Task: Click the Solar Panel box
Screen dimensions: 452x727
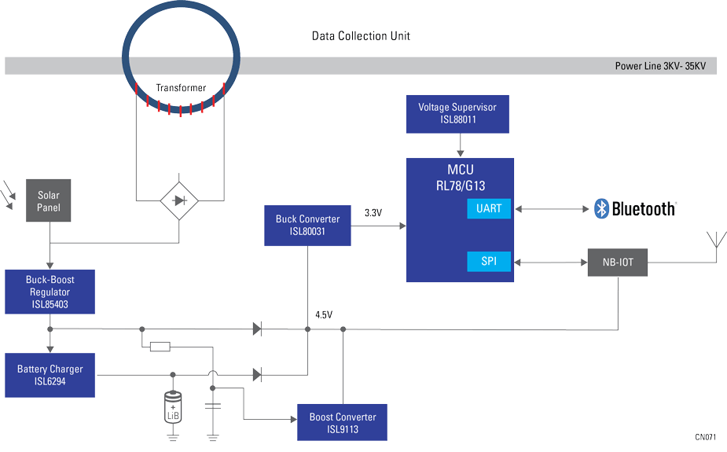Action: tap(49, 200)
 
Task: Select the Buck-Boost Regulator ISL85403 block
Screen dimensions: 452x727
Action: tap(50, 292)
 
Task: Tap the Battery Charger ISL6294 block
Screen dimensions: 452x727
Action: tap(50, 375)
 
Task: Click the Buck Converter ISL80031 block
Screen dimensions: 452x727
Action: tap(307, 226)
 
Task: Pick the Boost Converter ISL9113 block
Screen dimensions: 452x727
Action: tap(343, 423)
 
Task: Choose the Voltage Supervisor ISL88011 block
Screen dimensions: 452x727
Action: tap(457, 113)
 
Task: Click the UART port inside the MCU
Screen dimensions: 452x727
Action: tap(488, 208)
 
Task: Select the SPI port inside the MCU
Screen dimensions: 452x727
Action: tap(488, 261)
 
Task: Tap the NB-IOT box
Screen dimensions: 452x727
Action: tap(618, 261)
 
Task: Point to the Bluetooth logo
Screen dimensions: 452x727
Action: tap(635, 208)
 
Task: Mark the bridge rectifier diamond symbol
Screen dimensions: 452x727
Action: tap(179, 201)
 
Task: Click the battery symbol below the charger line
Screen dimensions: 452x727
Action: tap(173, 407)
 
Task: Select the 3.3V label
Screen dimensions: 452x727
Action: tap(374, 213)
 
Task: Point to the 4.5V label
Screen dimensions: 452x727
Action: tap(324, 314)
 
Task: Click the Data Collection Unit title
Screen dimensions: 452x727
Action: tap(361, 36)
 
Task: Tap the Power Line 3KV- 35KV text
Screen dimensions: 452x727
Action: tap(665, 67)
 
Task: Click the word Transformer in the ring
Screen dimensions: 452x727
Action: tap(181, 88)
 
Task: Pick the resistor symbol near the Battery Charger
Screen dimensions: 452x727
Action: tap(160, 346)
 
